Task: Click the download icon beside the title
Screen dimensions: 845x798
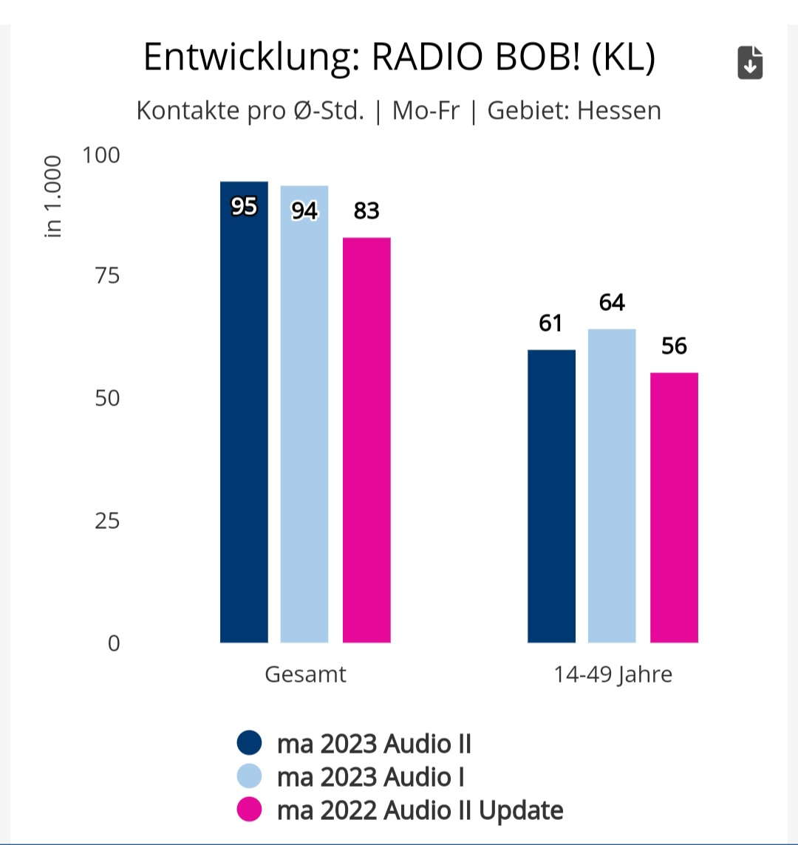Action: click(750, 63)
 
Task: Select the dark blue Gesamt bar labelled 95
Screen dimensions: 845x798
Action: click(244, 414)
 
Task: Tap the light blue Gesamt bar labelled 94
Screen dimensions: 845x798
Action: click(304, 414)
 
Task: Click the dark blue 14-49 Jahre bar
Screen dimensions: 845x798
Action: click(551, 495)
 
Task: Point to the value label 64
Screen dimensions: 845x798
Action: click(612, 303)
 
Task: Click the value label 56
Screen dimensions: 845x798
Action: click(674, 346)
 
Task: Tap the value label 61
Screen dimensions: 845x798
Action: click(550, 323)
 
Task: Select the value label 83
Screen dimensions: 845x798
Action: click(366, 211)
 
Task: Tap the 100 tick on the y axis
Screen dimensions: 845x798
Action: click(101, 155)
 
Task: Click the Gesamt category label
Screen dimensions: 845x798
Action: click(305, 674)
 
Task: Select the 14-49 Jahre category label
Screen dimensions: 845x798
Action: click(613, 674)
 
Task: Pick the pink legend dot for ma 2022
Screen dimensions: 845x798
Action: click(250, 810)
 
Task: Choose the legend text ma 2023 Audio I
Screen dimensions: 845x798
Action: click(370, 777)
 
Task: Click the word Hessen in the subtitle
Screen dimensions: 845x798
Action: click(619, 111)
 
